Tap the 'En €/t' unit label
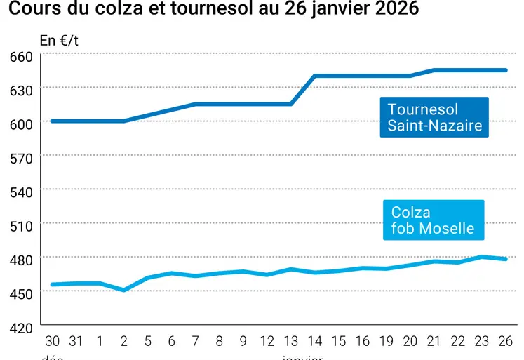[x=59, y=40]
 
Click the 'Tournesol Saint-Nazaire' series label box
[x=435, y=118]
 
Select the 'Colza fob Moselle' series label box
[x=433, y=220]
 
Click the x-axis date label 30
[x=53, y=342]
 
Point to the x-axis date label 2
[x=124, y=342]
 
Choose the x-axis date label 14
[x=315, y=342]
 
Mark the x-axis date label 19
[x=387, y=342]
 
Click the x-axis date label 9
[x=243, y=342]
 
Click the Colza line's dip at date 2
[x=124, y=290]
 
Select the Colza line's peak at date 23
[x=482, y=257]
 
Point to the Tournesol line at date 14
[x=315, y=76]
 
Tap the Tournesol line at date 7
[x=196, y=104]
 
